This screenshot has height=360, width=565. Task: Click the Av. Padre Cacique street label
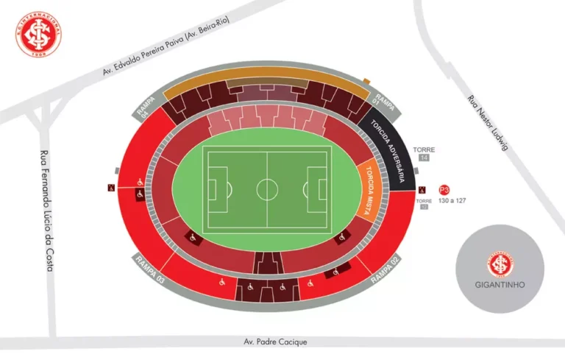[x=275, y=342]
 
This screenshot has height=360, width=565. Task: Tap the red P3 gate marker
[x=444, y=189]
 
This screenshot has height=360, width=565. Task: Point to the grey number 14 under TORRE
[x=424, y=158]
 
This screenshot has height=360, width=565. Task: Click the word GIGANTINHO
[x=500, y=283]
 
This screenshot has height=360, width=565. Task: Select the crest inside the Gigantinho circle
[x=500, y=264]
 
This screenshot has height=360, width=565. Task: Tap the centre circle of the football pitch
[x=266, y=189]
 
